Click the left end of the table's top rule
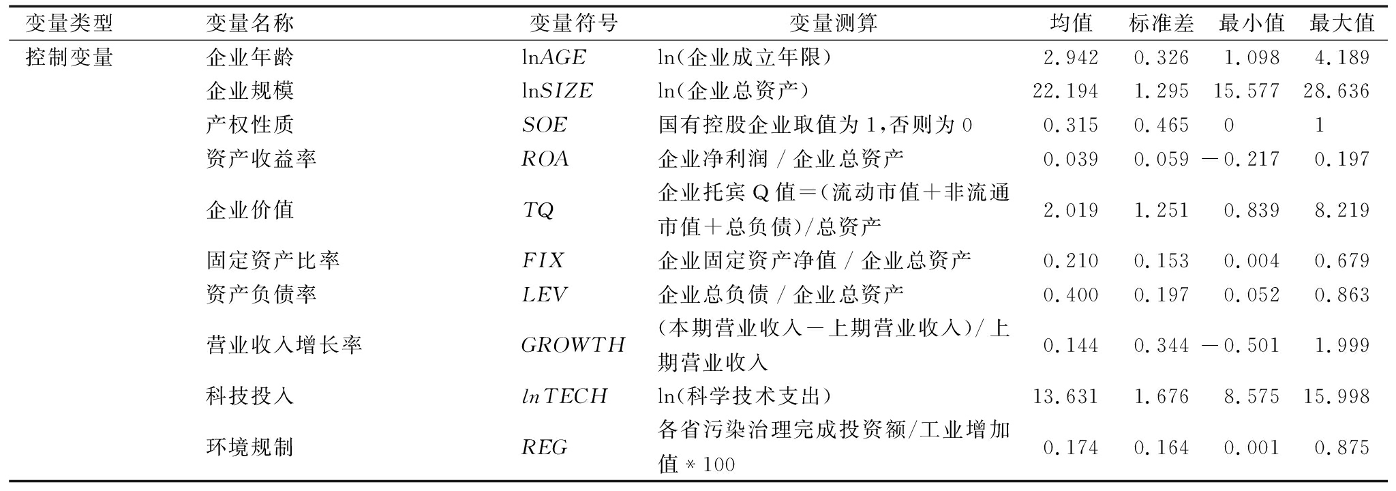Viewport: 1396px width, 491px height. click(x=14, y=6)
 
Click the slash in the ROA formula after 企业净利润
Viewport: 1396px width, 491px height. click(x=780, y=160)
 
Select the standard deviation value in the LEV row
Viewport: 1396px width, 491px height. click(x=1162, y=295)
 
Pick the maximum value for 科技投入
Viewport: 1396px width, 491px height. click(x=1337, y=396)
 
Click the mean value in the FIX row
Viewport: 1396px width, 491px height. click(x=1071, y=261)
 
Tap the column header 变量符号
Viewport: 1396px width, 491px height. click(x=574, y=23)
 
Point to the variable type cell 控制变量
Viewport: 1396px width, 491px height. click(x=70, y=57)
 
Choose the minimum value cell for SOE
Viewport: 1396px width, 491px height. click(x=1229, y=125)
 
